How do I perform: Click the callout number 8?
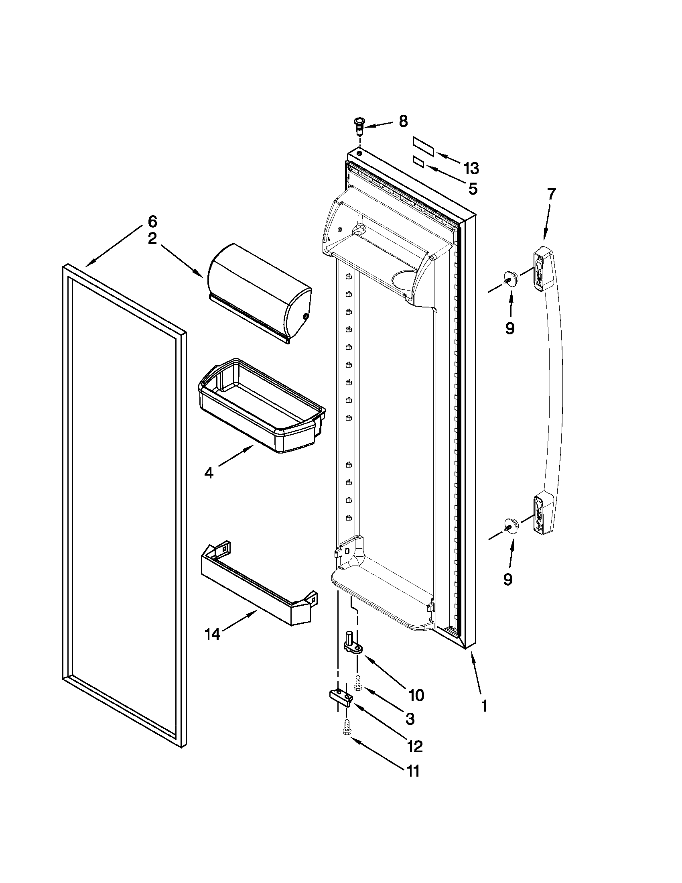403,121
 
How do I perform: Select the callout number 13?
471,168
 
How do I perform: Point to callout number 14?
213,634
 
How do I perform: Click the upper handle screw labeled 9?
510,279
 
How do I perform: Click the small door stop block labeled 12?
340,697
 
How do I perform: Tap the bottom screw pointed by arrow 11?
346,727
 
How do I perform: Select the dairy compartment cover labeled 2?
259,292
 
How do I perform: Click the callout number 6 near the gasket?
152,222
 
